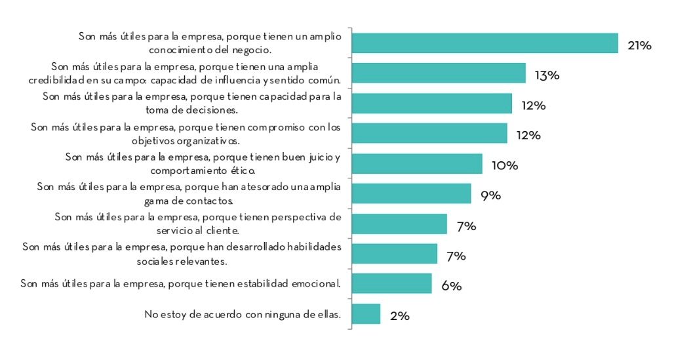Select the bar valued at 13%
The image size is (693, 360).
click(439, 73)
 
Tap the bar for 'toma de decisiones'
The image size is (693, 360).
click(432, 104)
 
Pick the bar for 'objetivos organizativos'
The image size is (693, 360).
click(429, 133)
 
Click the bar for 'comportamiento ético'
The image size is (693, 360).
click(417, 164)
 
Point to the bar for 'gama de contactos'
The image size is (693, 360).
click(412, 193)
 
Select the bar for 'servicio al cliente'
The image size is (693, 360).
click(399, 224)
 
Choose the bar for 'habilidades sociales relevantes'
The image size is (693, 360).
click(395, 254)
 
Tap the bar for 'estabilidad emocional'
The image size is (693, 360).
click(392, 284)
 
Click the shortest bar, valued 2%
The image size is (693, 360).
click(366, 314)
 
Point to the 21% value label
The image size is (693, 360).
click(639, 45)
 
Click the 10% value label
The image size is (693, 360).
click(504, 166)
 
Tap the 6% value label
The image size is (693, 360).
click(451, 287)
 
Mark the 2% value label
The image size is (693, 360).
click(399, 316)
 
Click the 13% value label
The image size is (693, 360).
click(546, 75)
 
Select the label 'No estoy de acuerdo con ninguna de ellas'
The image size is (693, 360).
click(243, 314)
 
